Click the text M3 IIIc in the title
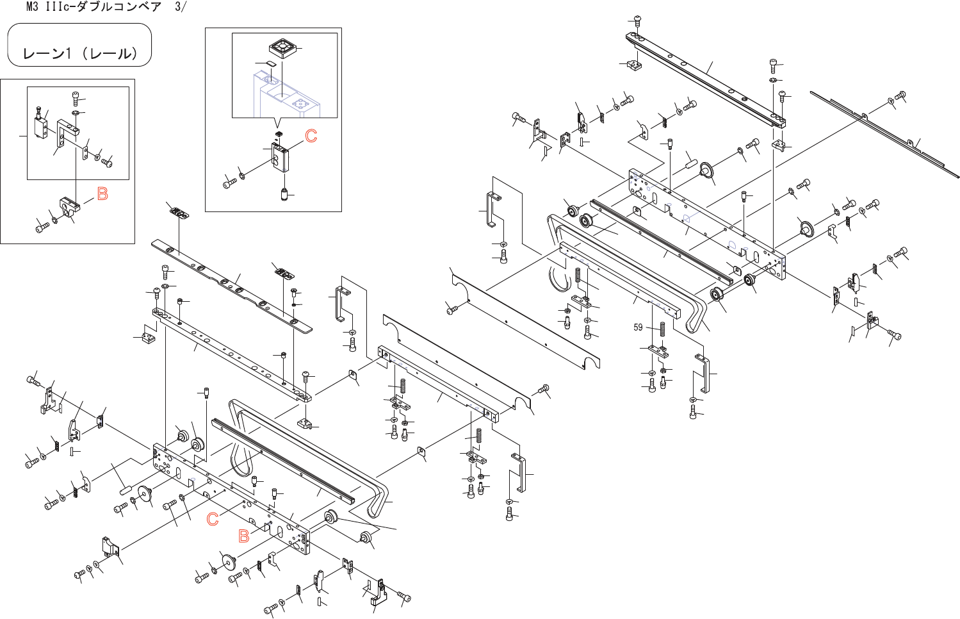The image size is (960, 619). [x=53, y=7]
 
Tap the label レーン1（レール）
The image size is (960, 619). [x=79, y=54]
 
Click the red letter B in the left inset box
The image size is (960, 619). [x=102, y=193]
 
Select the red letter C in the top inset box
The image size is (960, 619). [x=311, y=136]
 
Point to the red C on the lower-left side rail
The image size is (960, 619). [x=213, y=519]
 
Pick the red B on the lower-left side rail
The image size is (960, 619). [x=244, y=536]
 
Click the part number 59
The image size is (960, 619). [x=638, y=327]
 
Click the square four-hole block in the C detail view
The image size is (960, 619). [x=282, y=48]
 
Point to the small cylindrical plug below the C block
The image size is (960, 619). [x=284, y=194]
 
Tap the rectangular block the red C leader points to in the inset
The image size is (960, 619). [x=280, y=157]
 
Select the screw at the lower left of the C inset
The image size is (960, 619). [x=229, y=183]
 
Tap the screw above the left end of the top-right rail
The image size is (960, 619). [x=637, y=22]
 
